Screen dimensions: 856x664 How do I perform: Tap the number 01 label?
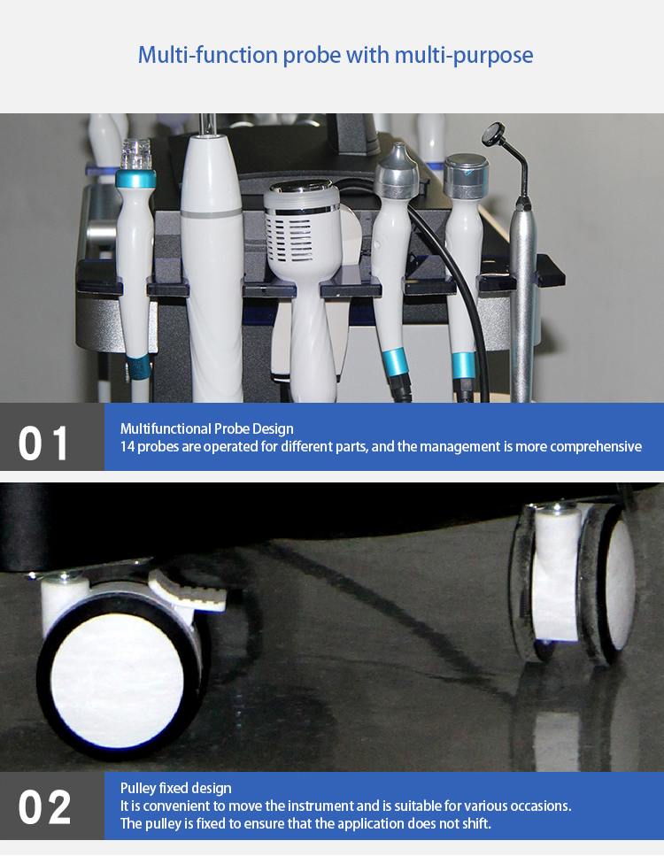pyautogui.click(x=44, y=443)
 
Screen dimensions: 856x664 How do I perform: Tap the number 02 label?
pyautogui.click(x=44, y=807)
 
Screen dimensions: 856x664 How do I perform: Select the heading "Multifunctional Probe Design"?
pyautogui.click(x=207, y=429)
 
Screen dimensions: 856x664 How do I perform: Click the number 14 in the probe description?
pyautogui.click(x=127, y=446)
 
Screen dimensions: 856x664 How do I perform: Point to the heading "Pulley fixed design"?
pyautogui.click(x=176, y=788)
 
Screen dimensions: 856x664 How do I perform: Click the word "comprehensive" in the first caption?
pyautogui.click(x=596, y=446)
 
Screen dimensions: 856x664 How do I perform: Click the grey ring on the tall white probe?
pyautogui.click(x=212, y=213)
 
